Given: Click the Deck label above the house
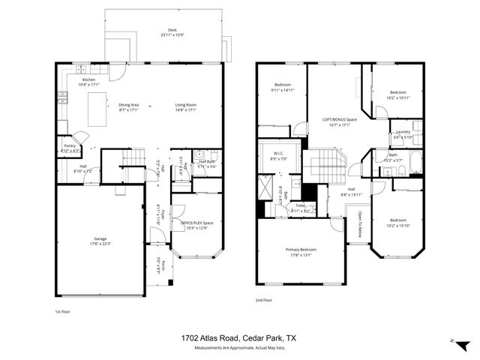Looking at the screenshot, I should coord(172,31).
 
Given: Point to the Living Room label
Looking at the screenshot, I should coord(185,104).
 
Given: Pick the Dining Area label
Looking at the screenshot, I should coord(129,104).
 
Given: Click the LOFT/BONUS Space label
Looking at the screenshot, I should coord(339,119).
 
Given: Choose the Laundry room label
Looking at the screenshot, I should coord(403,133).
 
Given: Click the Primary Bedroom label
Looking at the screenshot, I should coord(300,249).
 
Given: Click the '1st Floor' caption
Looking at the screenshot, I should coord(63,310).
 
